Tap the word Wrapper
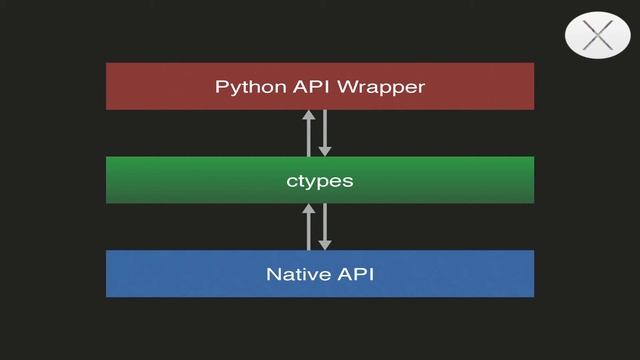click(x=381, y=87)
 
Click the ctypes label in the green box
click(x=320, y=181)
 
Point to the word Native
click(x=293, y=274)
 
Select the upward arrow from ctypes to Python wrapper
click(x=309, y=133)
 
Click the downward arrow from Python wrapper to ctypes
click(x=324, y=133)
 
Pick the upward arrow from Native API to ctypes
click(x=309, y=227)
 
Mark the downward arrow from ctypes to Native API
click(x=324, y=227)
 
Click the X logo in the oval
click(x=597, y=36)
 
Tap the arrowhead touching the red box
click(x=309, y=115)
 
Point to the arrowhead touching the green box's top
click(x=324, y=151)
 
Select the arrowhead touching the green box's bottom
click(x=309, y=209)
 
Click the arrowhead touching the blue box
click(x=324, y=244)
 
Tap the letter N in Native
click(x=272, y=274)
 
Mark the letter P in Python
click(x=221, y=87)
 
